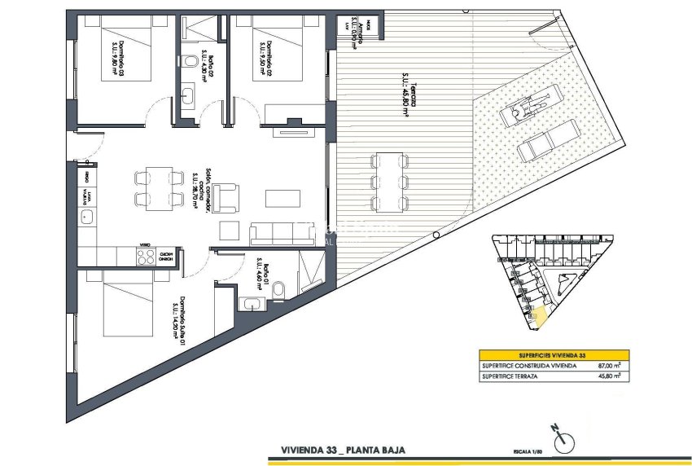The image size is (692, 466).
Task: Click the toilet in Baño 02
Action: tap(186, 59)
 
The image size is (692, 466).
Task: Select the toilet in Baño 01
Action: tap(278, 291)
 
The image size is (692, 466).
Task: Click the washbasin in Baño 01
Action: tap(249, 304)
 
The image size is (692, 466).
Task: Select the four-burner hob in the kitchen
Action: tap(145, 256)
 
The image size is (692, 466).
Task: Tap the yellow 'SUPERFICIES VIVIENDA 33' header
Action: tap(554, 355)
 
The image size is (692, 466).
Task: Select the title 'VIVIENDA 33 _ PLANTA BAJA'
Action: tap(342, 449)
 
